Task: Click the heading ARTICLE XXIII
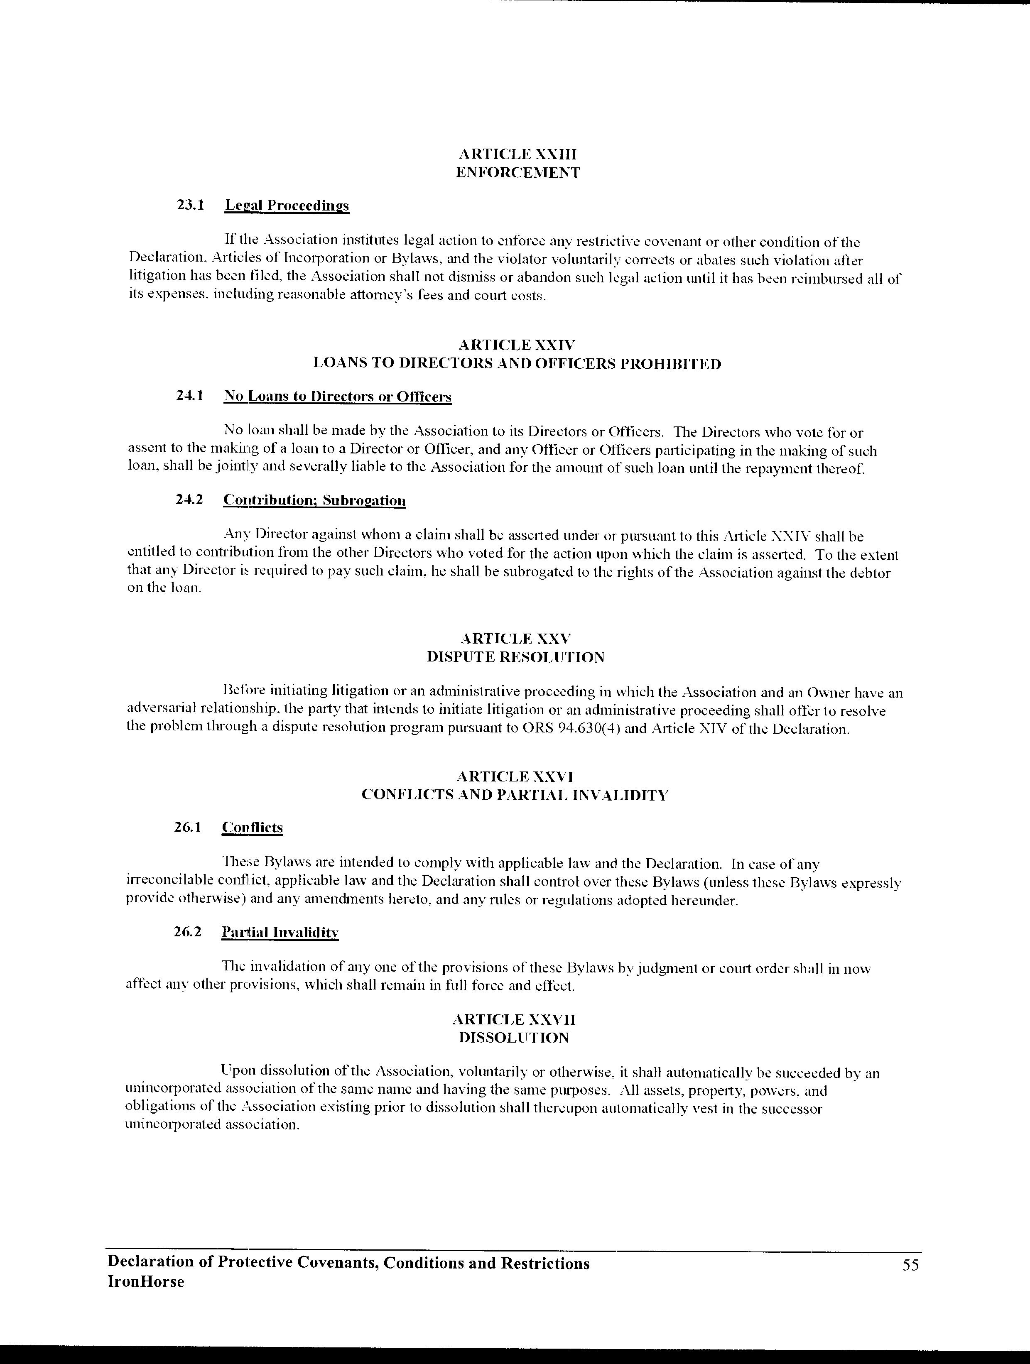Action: click(x=517, y=154)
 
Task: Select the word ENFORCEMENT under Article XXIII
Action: click(x=517, y=173)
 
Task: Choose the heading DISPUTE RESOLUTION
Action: click(x=515, y=657)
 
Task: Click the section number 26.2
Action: click(x=188, y=932)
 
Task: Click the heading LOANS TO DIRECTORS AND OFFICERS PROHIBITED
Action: click(x=517, y=363)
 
